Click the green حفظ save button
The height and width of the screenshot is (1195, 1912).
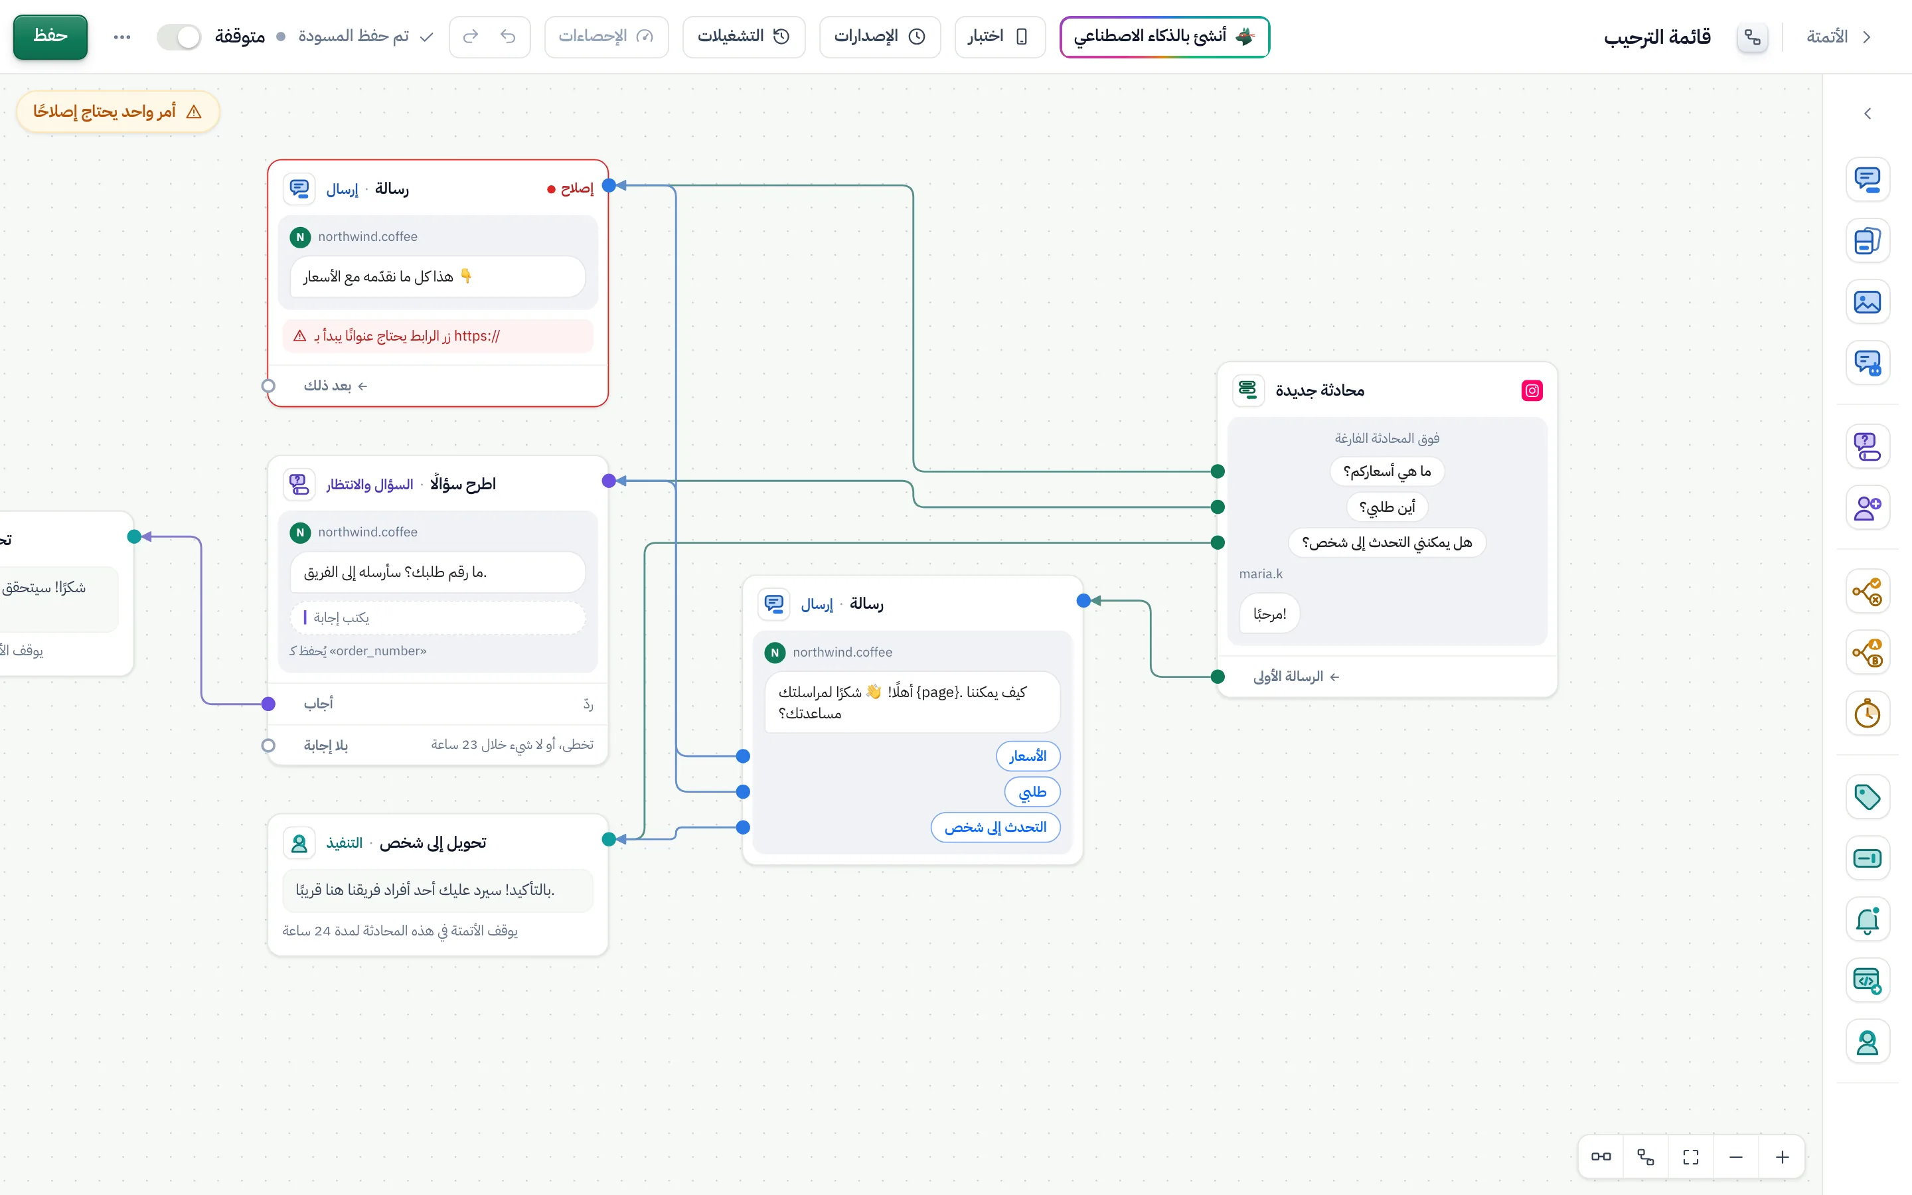click(x=50, y=37)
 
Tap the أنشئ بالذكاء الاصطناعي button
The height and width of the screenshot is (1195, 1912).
click(x=1164, y=37)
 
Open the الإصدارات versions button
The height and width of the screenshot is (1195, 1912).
click(x=880, y=37)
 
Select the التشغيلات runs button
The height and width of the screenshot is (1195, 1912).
click(x=744, y=37)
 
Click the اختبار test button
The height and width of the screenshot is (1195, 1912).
click(x=999, y=37)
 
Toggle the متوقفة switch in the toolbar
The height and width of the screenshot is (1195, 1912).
click(x=179, y=37)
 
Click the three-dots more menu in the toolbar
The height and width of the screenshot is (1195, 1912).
click(x=121, y=37)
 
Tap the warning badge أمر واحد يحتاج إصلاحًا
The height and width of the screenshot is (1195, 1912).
click(x=118, y=112)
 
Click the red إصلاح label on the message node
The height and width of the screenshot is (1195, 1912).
click(x=570, y=188)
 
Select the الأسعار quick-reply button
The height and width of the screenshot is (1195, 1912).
click(x=1028, y=756)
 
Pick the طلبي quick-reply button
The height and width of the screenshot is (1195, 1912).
click(x=1032, y=791)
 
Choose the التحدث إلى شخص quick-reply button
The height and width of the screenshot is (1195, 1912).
click(x=996, y=827)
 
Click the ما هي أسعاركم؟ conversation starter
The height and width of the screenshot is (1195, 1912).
click(x=1388, y=471)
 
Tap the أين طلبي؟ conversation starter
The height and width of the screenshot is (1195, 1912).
click(x=1388, y=507)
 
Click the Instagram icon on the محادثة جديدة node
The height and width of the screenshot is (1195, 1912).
click(x=1532, y=390)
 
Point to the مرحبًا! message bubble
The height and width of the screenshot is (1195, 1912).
click(x=1269, y=614)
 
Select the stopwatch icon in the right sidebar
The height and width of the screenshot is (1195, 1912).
click(x=1867, y=714)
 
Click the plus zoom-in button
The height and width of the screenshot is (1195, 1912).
click(x=1783, y=1158)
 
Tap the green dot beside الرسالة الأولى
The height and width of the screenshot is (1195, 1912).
click(x=1218, y=677)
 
